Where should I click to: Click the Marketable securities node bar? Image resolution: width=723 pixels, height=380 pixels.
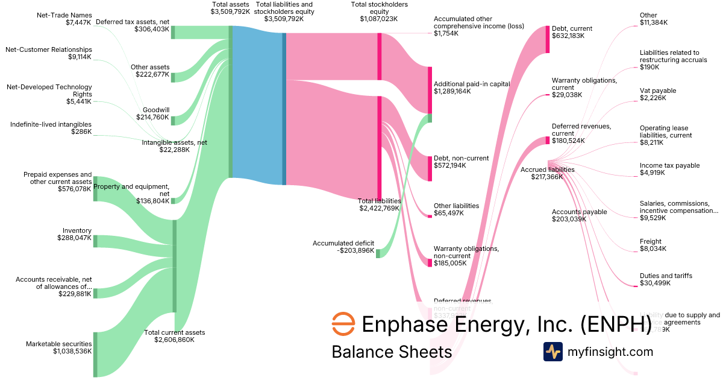click(95, 354)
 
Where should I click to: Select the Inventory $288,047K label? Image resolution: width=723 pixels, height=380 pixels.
click(77, 234)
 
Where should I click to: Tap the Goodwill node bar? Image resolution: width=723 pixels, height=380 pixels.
click(173, 121)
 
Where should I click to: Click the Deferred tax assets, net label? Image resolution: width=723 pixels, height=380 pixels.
click(133, 25)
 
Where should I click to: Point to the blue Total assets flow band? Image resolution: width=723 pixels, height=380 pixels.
click(257, 106)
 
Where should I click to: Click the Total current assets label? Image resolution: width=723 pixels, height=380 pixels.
click(175, 336)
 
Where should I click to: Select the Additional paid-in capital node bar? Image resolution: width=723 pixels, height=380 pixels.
click(430, 89)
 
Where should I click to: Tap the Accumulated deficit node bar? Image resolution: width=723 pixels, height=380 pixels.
click(378, 253)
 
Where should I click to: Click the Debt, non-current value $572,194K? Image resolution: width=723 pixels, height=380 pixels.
click(450, 165)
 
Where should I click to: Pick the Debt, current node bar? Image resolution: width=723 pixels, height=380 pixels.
click(548, 39)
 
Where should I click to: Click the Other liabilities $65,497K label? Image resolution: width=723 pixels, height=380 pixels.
click(456, 209)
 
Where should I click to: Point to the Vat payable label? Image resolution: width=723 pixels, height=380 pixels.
click(658, 94)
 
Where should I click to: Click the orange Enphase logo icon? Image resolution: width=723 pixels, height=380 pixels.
click(343, 324)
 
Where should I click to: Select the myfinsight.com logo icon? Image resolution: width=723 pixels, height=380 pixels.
click(553, 351)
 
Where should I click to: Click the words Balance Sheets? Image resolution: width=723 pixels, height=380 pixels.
click(392, 352)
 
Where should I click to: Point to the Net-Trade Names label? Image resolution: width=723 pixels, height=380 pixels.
click(64, 19)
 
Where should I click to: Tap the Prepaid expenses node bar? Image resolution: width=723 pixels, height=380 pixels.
click(95, 188)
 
